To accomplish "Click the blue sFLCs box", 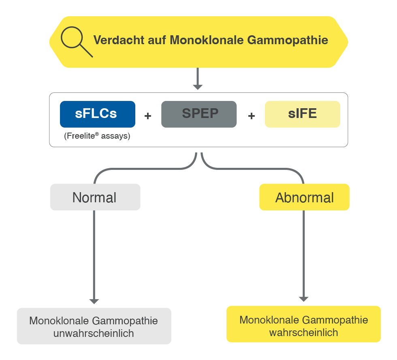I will click(97, 114).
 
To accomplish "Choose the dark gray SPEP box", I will click(198, 114).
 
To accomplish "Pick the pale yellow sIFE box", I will click(302, 114).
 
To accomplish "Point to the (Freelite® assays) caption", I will click(97, 136).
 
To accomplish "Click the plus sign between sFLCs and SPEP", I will click(148, 116).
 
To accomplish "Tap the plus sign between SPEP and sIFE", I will click(251, 116).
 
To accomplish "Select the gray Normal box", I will click(95, 197).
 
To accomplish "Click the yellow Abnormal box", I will click(304, 197).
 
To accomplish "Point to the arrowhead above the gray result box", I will click(94, 301).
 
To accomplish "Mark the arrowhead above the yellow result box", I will click(304, 299).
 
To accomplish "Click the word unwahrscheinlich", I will click(94, 333).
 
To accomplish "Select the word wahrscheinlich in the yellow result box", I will click(303, 332).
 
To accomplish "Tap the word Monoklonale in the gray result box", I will click(59, 321).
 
